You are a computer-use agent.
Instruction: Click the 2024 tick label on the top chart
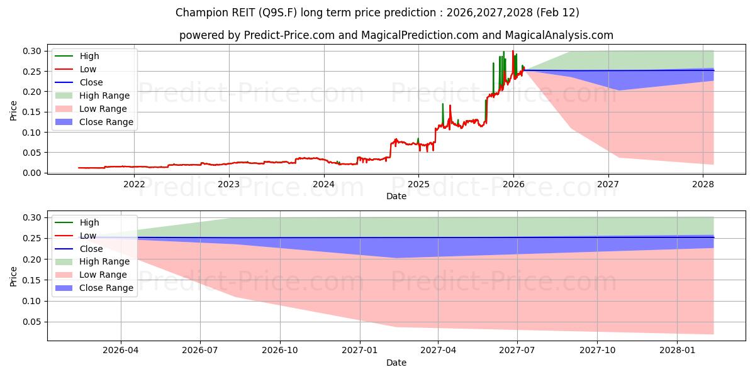[x=323, y=184]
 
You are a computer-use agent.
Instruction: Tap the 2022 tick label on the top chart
[x=133, y=184]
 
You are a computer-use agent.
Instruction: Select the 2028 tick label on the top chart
[x=703, y=184]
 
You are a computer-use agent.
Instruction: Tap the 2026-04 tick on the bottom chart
[x=121, y=351]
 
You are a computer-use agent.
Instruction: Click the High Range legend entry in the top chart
[x=104, y=96]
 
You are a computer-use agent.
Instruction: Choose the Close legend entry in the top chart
[x=91, y=82]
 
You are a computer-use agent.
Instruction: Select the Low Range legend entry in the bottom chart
[x=103, y=275]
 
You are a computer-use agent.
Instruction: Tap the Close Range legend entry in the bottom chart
[x=106, y=288]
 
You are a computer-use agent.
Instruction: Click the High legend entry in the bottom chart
[x=89, y=222]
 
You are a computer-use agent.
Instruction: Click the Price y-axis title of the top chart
[x=14, y=110]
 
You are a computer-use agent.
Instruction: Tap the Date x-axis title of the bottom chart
[x=396, y=363]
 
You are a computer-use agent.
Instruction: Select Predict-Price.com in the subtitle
[x=281, y=35]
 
